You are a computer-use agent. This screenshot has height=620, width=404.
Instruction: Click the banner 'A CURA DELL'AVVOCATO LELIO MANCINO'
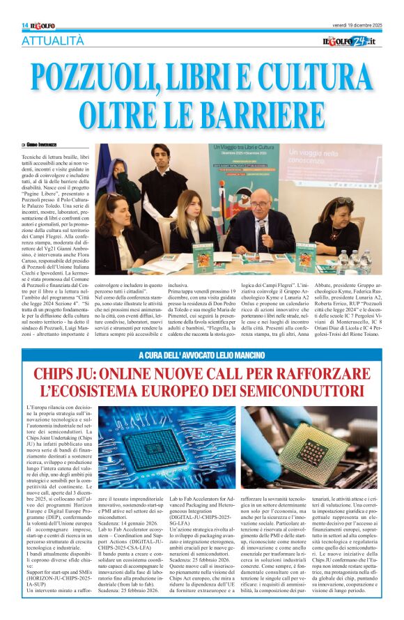coord(202,356)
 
